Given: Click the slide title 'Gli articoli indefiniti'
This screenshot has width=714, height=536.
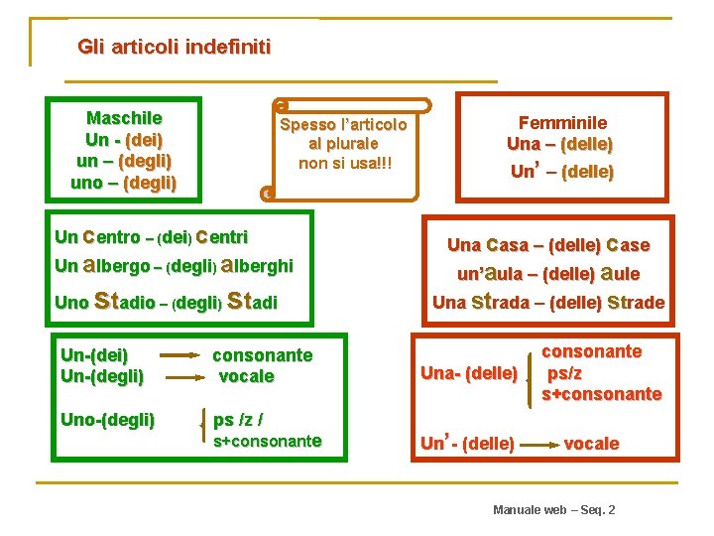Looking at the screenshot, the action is pos(174,47).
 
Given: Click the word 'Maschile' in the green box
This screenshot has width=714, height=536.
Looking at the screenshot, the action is pos(124,118).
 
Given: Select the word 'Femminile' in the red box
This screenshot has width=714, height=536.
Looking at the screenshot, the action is pos(560,123).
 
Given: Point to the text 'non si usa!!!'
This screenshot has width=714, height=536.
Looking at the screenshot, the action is pos(345,162).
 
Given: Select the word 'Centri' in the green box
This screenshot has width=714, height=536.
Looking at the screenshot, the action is pos(221,237).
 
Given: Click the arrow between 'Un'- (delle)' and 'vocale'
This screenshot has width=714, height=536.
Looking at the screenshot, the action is pos(539,445).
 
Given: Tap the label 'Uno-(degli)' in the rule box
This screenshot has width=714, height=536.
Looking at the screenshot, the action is pos(108,420).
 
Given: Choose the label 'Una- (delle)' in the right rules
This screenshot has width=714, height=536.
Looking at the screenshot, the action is pos(469,373).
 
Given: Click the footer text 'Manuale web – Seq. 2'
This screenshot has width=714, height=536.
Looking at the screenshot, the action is pos(553,509).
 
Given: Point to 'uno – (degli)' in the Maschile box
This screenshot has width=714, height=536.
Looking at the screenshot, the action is pos(124,183).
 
